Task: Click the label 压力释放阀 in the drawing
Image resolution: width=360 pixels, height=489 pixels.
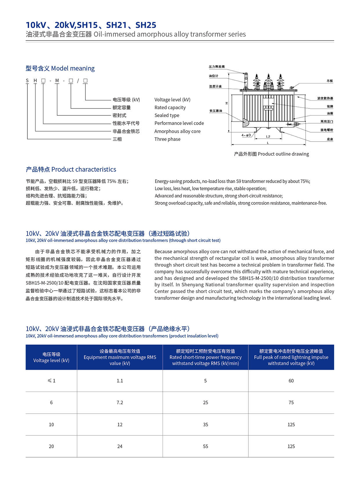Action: [x=216, y=67]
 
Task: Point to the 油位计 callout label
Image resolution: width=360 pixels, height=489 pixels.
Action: [x=213, y=76]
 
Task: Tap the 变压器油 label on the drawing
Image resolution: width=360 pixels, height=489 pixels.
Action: [x=216, y=111]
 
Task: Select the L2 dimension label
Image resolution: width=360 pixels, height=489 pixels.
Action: [x=268, y=137]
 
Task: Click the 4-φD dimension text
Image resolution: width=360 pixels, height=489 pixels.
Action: [x=246, y=135]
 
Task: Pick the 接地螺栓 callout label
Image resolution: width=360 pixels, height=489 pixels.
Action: [x=327, y=130]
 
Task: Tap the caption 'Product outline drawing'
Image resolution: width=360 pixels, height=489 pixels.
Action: [x=283, y=154]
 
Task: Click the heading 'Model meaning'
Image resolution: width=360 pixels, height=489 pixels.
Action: [x=73, y=68]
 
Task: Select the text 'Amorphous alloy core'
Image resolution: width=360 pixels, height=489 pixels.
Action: [x=177, y=131]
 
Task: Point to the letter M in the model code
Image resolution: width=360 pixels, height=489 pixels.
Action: [x=57, y=81]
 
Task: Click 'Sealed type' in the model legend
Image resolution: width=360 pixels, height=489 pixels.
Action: [x=167, y=115]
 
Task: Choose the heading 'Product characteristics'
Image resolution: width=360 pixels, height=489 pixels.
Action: [x=84, y=169]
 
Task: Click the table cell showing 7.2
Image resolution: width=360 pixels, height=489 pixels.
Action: [x=120, y=403]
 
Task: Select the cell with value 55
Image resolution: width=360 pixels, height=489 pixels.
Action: [x=206, y=446]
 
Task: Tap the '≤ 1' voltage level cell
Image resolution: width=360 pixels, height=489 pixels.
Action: [x=51, y=381]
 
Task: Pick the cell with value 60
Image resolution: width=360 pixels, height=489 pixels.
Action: [x=291, y=381]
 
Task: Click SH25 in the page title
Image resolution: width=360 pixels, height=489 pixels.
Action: [x=146, y=25]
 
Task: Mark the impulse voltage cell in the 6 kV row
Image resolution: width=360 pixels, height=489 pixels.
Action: [x=291, y=403]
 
